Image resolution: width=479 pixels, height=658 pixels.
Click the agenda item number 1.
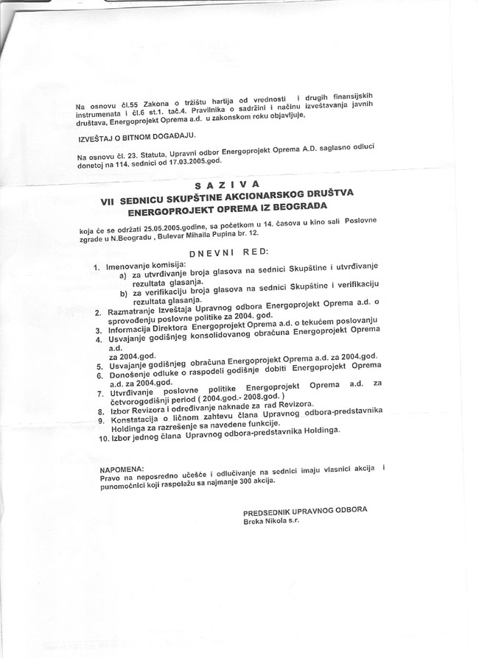pyautogui.click(x=98, y=266)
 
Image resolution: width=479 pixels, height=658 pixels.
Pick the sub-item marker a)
pyautogui.click(x=122, y=276)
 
